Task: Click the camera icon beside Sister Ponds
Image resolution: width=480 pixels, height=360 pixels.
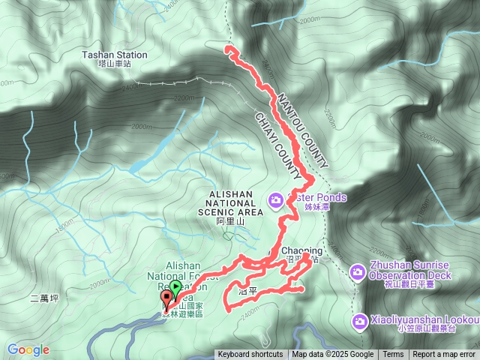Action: pyautogui.click(x=276, y=199)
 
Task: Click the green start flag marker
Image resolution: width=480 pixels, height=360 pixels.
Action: pyautogui.click(x=175, y=287)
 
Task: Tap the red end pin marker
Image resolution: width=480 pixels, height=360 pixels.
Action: pyautogui.click(x=166, y=300)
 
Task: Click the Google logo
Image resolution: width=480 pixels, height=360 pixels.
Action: pyautogui.click(x=28, y=349)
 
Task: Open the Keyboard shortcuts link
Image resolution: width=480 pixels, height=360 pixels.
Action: pyautogui.click(x=250, y=355)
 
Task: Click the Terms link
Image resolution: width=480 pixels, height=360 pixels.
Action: pyautogui.click(x=393, y=355)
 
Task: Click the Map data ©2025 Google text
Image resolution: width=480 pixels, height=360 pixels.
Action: pyautogui.click(x=333, y=355)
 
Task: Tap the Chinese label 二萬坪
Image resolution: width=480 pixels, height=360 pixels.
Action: pyautogui.click(x=44, y=298)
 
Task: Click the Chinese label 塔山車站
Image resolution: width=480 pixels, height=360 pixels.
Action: pyautogui.click(x=115, y=64)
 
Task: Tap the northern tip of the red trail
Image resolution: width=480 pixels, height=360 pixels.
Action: pyautogui.click(x=228, y=49)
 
